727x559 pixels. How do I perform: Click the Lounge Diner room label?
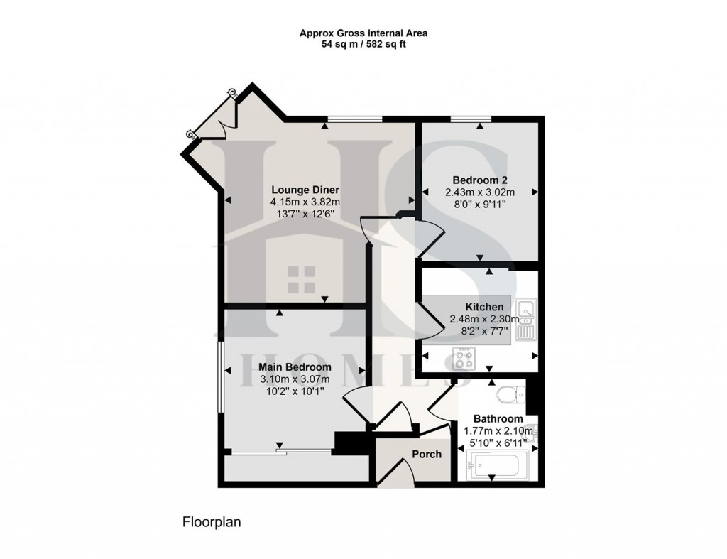(305, 190)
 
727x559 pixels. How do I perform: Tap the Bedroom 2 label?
(479, 180)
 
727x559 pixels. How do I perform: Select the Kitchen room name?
(479, 307)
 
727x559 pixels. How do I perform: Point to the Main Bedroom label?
(295, 367)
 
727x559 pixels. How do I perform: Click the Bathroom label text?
(498, 418)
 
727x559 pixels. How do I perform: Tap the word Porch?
(427, 454)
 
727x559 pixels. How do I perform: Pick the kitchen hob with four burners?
(464, 357)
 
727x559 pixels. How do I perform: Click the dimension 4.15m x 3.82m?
(305, 202)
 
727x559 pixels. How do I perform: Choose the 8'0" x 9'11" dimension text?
(479, 204)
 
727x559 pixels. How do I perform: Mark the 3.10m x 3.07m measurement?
(295, 379)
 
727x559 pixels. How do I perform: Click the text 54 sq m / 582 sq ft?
(363, 44)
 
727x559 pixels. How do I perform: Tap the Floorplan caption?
(212, 522)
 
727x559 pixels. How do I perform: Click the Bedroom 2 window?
(471, 119)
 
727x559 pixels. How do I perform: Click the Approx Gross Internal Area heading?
(363, 33)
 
